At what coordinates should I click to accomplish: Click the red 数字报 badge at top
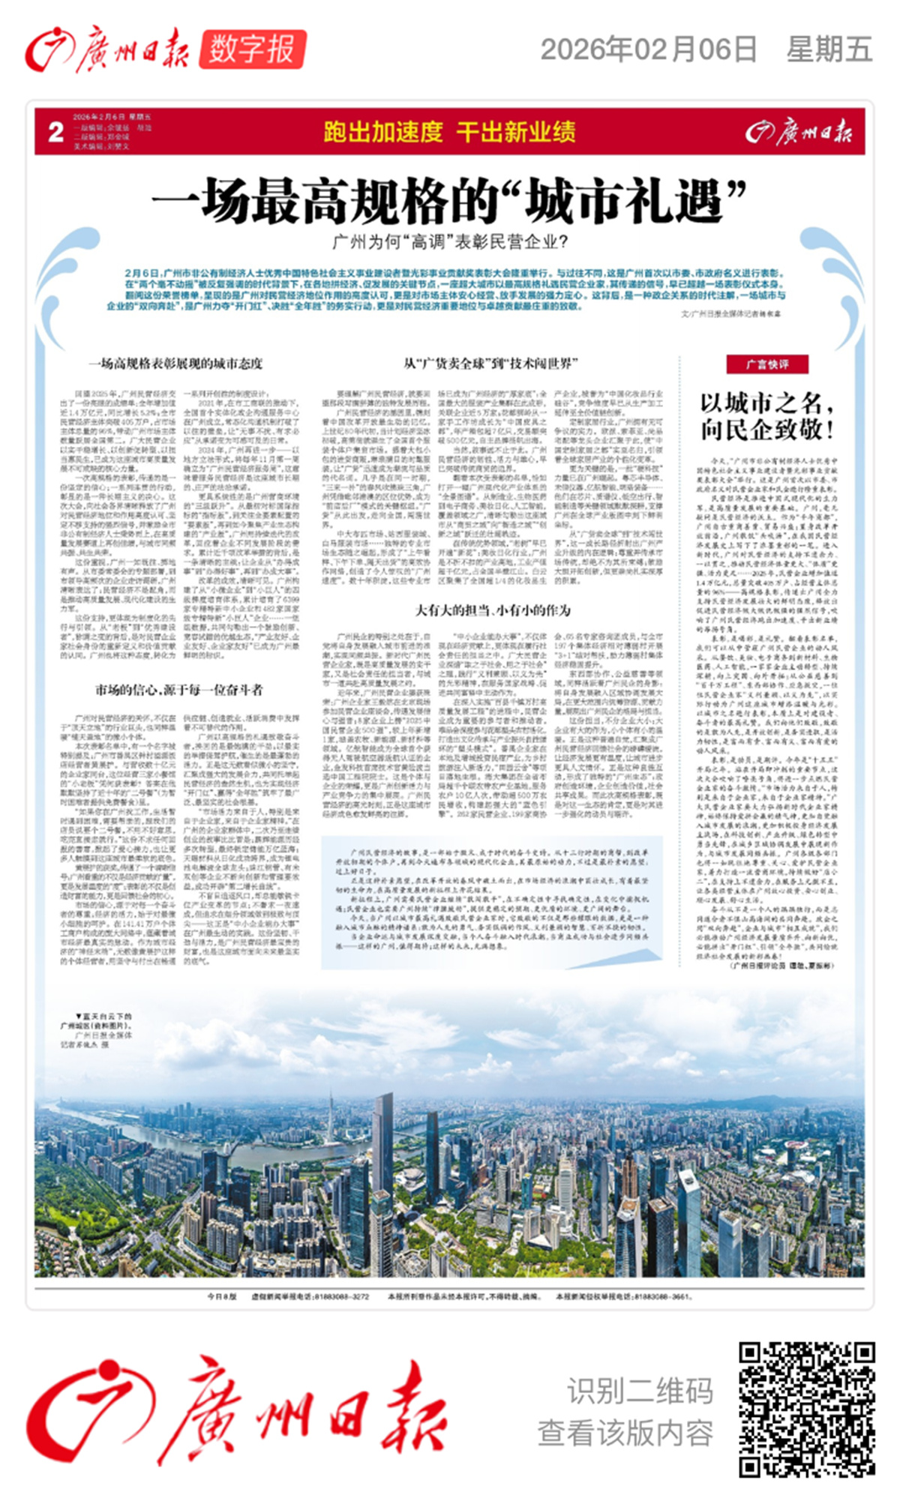pos(252,50)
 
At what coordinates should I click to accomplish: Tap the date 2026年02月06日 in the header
pos(649,49)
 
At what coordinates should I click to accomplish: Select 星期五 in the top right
pos(829,49)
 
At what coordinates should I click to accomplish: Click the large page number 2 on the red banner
pos(55,132)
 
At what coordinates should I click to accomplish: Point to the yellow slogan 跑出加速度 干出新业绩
pos(449,132)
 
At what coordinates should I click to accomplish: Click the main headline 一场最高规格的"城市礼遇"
pos(449,201)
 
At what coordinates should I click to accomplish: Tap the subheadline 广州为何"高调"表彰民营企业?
pos(449,242)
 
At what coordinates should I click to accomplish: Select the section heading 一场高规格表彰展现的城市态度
pos(175,364)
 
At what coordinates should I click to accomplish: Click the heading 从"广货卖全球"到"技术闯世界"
pos(490,364)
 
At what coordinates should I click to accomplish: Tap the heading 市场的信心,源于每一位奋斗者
pos(178,689)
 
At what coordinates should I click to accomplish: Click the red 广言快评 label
pos(766,364)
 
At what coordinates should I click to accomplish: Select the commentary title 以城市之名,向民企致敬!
pos(766,416)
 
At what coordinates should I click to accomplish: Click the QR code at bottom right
pos(806,1410)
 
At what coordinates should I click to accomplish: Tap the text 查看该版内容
pos(625,1433)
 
